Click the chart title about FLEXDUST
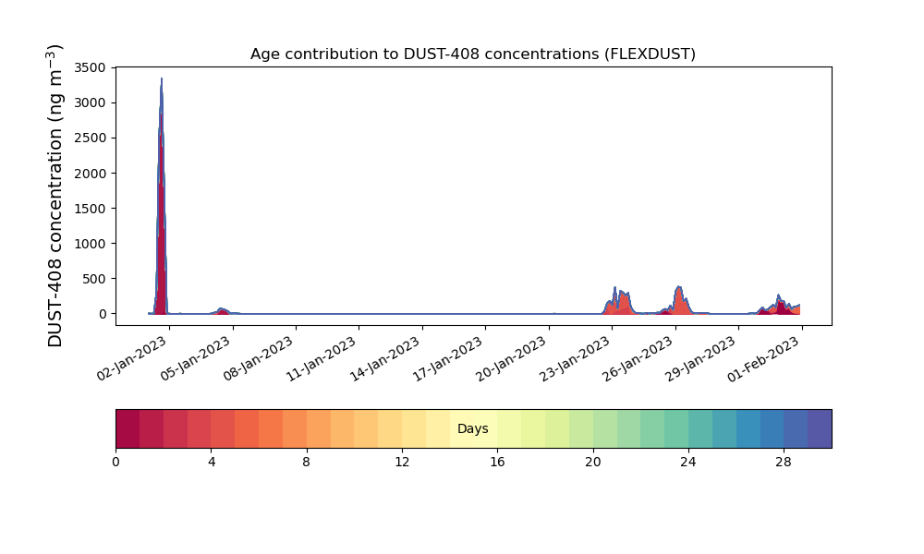[472, 54]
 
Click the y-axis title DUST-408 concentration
[55, 196]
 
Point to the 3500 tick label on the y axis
[91, 67]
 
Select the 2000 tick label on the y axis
[91, 174]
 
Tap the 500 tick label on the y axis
[94, 279]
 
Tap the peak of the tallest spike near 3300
[162, 78]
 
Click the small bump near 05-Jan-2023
[222, 309]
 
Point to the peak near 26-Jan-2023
[679, 287]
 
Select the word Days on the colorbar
[472, 429]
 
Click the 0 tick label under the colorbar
[115, 463]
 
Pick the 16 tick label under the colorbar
[497, 463]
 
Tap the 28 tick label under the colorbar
[784, 463]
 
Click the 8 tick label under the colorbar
[307, 463]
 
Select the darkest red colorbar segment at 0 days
[128, 428]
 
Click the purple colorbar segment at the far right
[820, 428]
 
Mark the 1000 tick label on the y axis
[91, 244]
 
